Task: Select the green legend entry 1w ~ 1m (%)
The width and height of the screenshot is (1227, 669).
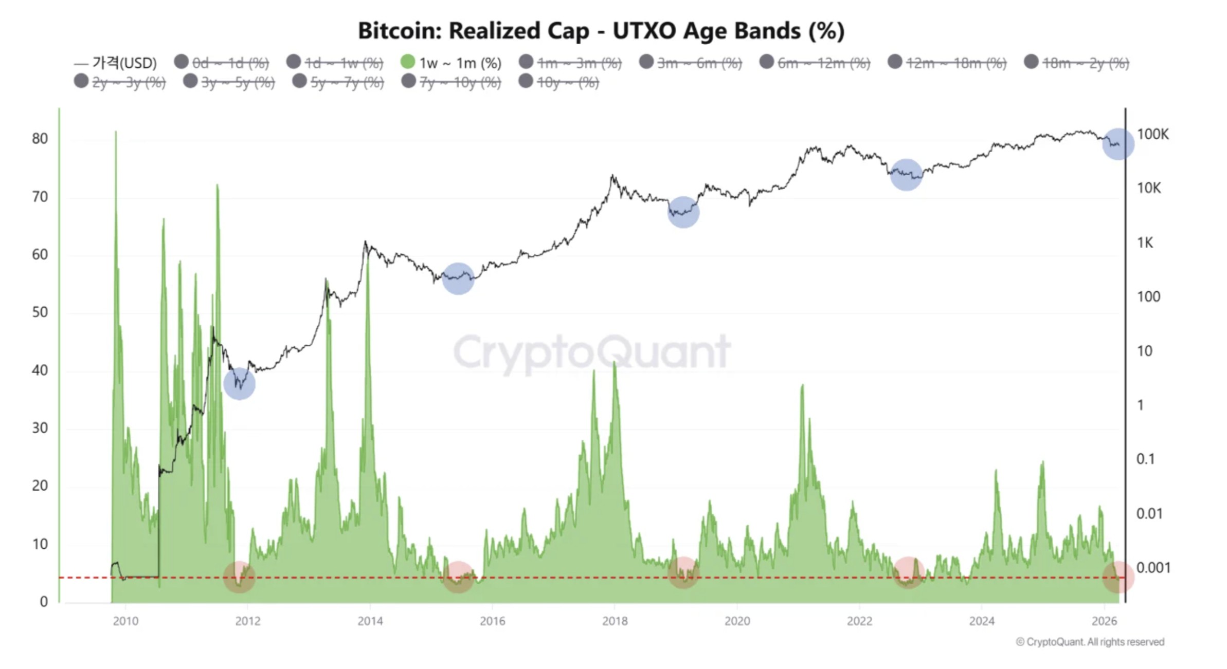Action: [450, 63]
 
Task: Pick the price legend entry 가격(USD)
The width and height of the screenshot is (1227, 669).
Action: [116, 63]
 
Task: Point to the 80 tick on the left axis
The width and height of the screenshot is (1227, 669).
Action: [40, 139]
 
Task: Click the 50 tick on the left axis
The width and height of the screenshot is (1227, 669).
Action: [40, 312]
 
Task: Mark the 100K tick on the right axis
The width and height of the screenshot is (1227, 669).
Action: [1152, 135]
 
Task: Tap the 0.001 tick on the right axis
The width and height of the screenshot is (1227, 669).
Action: [1153, 568]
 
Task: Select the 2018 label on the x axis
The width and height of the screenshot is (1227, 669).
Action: [615, 621]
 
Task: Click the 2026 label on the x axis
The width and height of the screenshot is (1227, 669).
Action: [1104, 621]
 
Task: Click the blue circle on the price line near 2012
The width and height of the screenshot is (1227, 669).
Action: [240, 384]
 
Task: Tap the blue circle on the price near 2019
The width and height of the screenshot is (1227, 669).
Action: [683, 212]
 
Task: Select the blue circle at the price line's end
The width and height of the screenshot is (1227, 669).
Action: [1118, 144]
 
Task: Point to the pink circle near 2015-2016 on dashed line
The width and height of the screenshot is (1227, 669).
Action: [458, 577]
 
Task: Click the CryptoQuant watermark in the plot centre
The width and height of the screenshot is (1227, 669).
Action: [591, 352]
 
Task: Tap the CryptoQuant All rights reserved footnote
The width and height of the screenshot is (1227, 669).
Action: [1090, 642]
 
